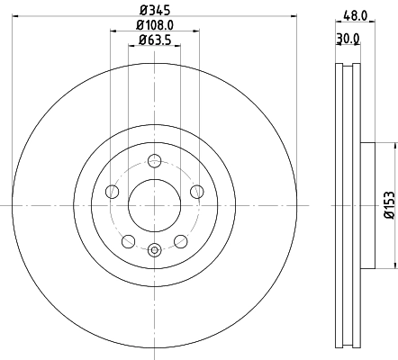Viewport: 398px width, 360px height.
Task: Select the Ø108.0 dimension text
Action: [x=155, y=27]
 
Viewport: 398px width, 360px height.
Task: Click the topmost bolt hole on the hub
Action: [x=154, y=162]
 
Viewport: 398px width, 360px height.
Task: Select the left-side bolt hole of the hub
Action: [x=112, y=191]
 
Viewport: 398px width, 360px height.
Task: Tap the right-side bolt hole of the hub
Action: [x=196, y=191]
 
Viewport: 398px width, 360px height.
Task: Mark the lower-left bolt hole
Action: [x=128, y=241]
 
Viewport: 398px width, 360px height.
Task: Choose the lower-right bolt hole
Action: [x=180, y=241]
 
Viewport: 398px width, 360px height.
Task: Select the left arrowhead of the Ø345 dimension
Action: [x=16, y=18]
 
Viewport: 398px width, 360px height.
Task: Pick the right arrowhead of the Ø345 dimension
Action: [x=293, y=18]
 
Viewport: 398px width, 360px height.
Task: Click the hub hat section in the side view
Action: [x=366, y=206]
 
